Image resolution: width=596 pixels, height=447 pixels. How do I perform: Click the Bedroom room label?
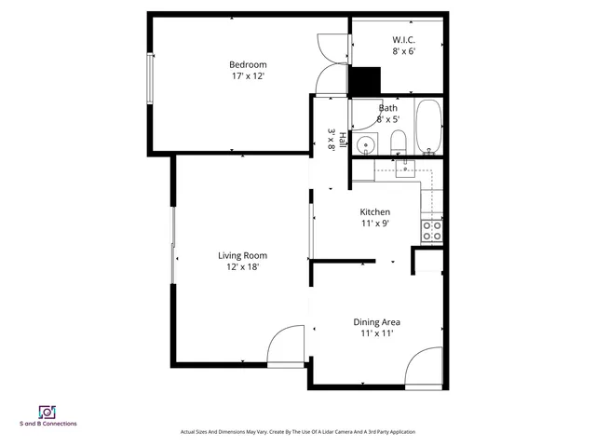click(x=248, y=64)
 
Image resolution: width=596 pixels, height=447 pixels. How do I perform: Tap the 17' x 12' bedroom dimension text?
click(x=248, y=76)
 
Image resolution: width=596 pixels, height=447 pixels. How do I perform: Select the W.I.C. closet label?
click(x=403, y=39)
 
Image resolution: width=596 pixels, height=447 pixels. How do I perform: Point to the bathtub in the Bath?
click(x=427, y=128)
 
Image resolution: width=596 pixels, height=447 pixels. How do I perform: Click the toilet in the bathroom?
click(x=398, y=142)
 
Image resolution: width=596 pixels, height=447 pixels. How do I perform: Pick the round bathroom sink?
click(x=367, y=143)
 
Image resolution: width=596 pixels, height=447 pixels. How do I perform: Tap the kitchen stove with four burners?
click(x=432, y=230)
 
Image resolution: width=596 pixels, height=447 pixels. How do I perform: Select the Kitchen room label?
click(x=374, y=211)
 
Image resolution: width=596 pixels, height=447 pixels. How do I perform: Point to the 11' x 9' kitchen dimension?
click(x=374, y=223)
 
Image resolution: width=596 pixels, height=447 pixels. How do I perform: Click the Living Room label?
click(x=242, y=255)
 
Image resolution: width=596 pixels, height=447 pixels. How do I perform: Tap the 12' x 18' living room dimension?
click(x=242, y=267)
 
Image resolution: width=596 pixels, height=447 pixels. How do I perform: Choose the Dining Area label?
click(x=377, y=322)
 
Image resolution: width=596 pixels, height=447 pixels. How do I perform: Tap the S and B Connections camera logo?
click(x=47, y=411)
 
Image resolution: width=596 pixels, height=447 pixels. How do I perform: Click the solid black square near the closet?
click(x=365, y=82)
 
